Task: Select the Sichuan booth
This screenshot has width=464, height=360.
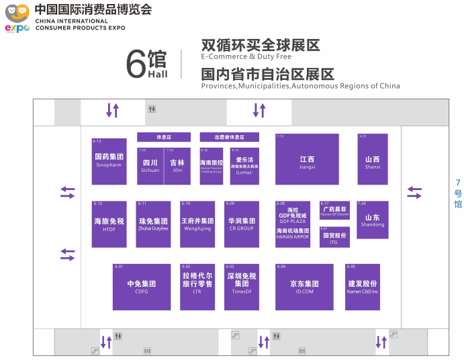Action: click(x=150, y=166)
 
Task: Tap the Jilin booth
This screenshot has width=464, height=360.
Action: click(x=177, y=166)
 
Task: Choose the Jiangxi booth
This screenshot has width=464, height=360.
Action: click(x=307, y=159)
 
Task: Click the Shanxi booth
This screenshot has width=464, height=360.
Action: click(x=373, y=159)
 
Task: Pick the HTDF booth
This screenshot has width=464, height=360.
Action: click(x=109, y=224)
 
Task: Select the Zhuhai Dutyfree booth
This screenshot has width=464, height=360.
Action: click(x=153, y=224)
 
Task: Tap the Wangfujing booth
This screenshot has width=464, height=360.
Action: click(x=197, y=224)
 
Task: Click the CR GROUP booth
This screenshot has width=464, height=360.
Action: click(x=241, y=224)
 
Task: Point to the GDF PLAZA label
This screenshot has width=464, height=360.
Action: click(x=293, y=220)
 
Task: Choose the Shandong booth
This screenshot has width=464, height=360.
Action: click(x=373, y=220)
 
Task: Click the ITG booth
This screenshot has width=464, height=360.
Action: click(x=334, y=237)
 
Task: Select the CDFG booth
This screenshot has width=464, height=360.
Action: click(x=141, y=287)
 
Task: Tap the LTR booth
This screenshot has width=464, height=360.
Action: click(x=197, y=287)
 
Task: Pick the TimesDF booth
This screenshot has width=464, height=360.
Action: click(x=241, y=287)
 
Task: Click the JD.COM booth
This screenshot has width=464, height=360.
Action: click(x=304, y=287)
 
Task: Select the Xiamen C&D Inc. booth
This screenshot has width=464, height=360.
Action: click(x=363, y=287)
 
